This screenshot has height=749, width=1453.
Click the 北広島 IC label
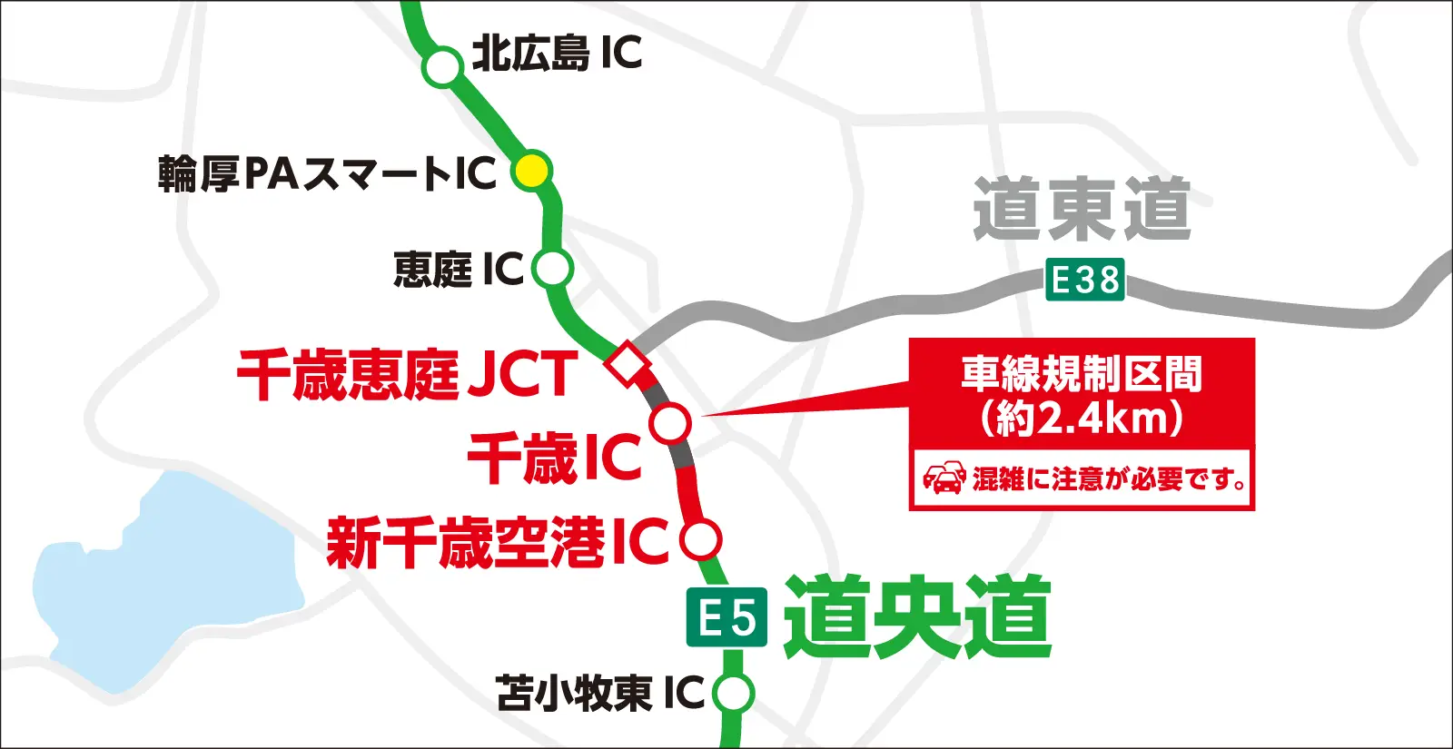pos(557,54)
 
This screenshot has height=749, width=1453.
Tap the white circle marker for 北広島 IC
pos(443,66)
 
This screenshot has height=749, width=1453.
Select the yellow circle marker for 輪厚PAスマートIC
pos(531,170)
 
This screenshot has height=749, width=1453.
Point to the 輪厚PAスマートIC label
pos(327,173)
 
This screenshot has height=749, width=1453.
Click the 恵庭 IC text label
pos(459,270)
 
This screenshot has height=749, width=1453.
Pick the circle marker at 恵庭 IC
pos(551,269)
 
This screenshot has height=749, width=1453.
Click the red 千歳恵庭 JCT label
pos(407,374)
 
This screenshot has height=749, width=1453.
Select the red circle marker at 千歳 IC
pos(671,423)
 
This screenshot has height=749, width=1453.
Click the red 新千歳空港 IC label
pos(498,542)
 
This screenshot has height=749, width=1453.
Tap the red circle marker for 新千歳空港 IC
pos(700,539)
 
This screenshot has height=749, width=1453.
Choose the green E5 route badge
pos(726,618)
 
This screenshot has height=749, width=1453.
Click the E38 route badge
pos(1084,280)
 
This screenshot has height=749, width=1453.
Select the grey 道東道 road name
pos(1082,210)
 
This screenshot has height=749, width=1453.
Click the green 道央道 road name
pos(917,617)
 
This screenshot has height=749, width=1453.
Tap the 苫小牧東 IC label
pos(600,694)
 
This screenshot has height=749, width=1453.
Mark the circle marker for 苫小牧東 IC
pos(733,694)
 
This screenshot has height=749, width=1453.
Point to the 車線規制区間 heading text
pos(1082,373)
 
